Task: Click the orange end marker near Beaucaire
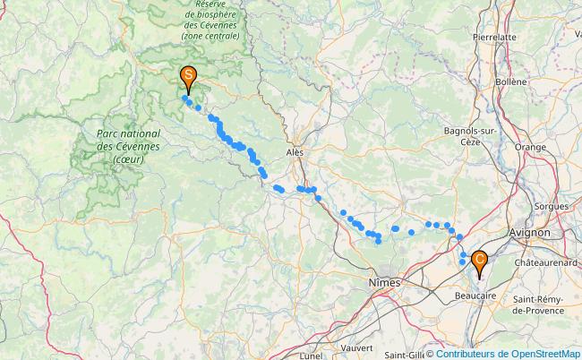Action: [x=480, y=261]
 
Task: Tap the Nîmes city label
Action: [x=386, y=282]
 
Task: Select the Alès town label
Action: [x=295, y=152]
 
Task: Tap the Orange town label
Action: [x=529, y=147]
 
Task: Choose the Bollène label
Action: [x=510, y=81]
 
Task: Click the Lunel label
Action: [x=312, y=355]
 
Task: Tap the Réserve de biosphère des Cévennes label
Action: [x=210, y=21]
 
